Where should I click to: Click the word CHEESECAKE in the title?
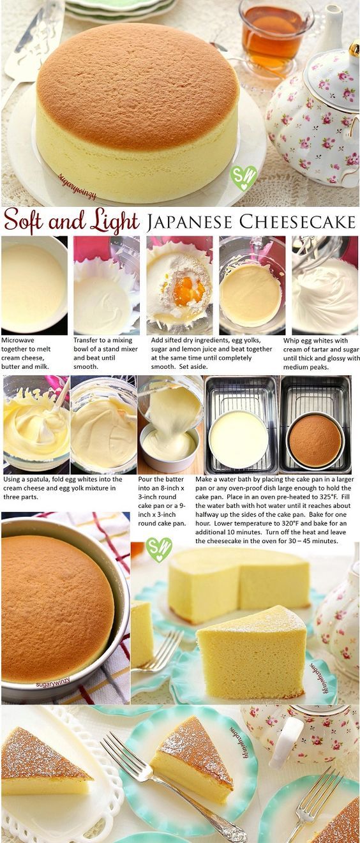pos(297,221)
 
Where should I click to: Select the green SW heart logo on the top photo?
pos(244,177)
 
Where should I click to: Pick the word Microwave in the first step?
pos(18,340)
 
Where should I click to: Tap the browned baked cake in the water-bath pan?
pos(315,441)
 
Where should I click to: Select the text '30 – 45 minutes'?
pos(314,541)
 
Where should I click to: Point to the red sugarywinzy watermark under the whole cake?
pos(77,187)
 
